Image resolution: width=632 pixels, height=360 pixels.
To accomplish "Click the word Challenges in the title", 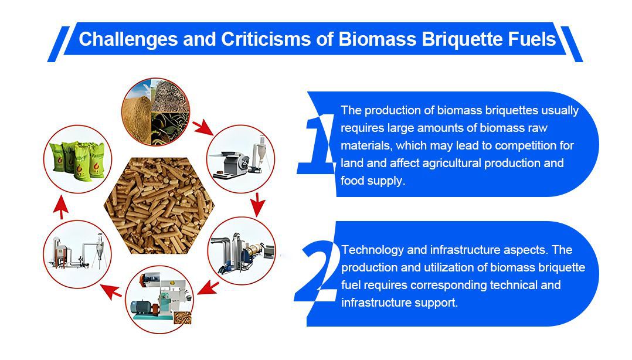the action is [x=128, y=39].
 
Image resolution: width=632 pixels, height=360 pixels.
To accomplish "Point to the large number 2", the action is [x=317, y=271].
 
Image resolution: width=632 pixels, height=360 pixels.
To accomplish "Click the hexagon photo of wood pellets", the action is [x=159, y=206].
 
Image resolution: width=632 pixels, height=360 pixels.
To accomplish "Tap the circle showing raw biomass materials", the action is [x=155, y=111].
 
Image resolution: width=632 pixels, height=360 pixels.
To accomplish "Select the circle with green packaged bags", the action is [x=77, y=159].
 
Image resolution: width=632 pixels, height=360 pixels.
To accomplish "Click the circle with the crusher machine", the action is [x=240, y=158].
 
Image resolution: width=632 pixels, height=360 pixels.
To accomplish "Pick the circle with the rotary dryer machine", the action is [x=242, y=251].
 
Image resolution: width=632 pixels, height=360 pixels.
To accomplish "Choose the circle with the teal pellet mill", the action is [x=159, y=299].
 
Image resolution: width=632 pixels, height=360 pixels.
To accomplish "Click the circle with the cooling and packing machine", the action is [x=77, y=254].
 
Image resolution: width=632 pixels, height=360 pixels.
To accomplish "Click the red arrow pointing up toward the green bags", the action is [x=61, y=207].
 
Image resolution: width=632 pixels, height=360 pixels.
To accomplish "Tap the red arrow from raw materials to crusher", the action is [x=203, y=127].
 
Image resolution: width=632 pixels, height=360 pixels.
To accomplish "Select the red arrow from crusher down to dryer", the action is [x=257, y=205].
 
